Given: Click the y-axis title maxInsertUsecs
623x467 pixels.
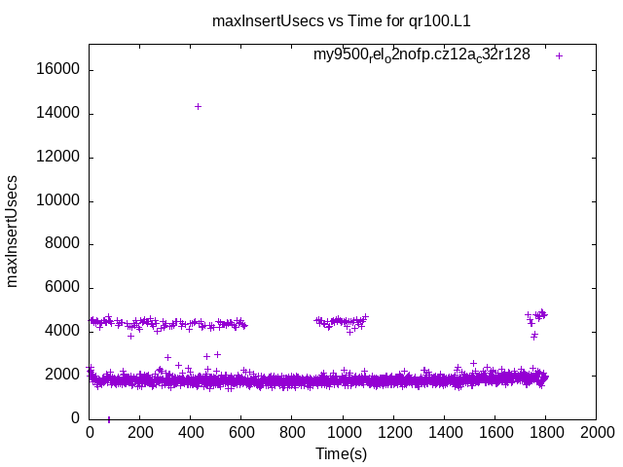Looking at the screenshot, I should (x=13, y=231).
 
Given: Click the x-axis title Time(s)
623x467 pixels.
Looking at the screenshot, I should (x=342, y=453).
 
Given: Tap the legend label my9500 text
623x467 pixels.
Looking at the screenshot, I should (x=421, y=55).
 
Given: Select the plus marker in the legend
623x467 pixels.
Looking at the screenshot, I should (x=559, y=55).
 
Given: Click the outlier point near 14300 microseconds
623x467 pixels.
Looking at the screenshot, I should (x=198, y=106).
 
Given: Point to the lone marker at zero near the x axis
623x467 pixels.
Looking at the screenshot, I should (x=108, y=419).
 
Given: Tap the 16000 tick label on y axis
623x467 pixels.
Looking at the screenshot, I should (x=60, y=70).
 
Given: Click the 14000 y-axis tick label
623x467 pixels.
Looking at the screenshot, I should (x=60, y=114).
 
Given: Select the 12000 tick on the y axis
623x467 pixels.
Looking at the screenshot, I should (x=60, y=158).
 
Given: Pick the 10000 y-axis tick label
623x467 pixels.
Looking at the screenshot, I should (x=60, y=201).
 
